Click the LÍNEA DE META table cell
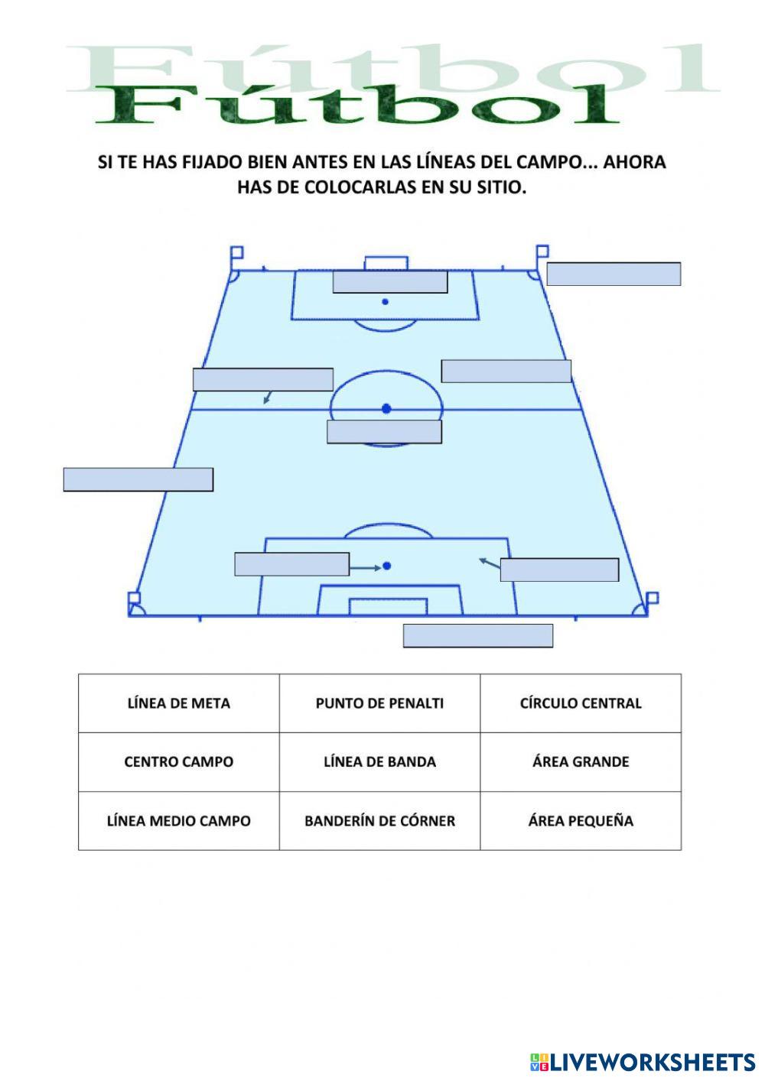pos(178,703)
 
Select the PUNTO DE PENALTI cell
pos(379,703)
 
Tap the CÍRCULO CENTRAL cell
pos(581,703)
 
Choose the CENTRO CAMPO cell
pos(178,762)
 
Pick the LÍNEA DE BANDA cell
pos(379,762)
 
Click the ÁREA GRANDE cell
pos(581,762)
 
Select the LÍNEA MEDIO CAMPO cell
pos(178,821)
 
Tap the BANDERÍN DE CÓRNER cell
pos(379,821)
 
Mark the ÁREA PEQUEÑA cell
pos(581,821)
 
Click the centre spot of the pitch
pos(386,409)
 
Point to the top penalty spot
pos(385,302)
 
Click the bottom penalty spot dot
pos(387,566)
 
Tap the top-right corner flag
pos(542,252)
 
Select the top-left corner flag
pos(236,252)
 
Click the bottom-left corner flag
pos(135,599)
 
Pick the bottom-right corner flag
pos(652,599)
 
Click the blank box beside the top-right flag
pos(614,274)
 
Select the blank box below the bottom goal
pos(478,636)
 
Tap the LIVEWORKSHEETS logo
pos(643,1062)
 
